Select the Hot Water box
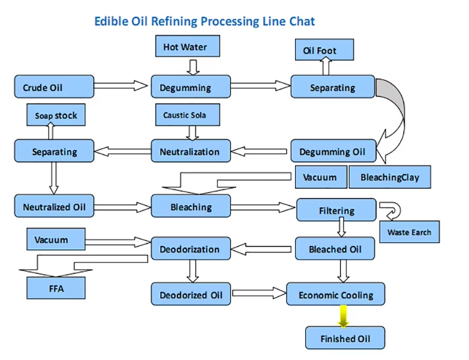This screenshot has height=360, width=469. pos(185,47)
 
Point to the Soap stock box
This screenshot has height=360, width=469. pos(56,115)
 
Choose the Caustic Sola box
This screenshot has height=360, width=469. pos(185,114)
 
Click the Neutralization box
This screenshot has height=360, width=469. pos(190,151)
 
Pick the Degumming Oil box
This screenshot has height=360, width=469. pos(333,151)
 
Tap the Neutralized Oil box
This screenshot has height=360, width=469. pos(54,207)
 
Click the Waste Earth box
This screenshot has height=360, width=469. pos(409,232)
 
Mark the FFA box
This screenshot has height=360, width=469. pos(56,288)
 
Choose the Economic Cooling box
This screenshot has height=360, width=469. pos(336,295)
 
